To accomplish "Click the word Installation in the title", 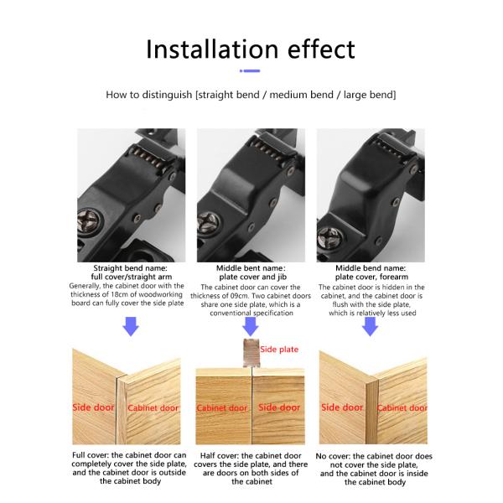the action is coord(212,49).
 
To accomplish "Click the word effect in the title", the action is coord(321,49).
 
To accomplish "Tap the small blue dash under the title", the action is coord(250,71).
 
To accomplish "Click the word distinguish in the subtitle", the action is coord(167,95).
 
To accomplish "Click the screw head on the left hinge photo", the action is coord(88,221).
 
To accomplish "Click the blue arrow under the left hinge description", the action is coord(131,326).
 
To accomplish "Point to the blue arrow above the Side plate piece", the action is coord(251,326).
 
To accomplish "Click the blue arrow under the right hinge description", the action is coord(371,326).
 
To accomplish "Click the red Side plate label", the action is coord(279,350).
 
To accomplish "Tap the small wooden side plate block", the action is coord(251,353).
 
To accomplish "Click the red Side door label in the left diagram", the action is coord(93,407).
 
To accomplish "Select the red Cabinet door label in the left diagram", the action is coord(153,407).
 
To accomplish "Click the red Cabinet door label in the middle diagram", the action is coord(222,407).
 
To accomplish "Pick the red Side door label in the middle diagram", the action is coord(279,407).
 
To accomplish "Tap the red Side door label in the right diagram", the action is coord(342,407).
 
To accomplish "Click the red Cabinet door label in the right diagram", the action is coord(402,407).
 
